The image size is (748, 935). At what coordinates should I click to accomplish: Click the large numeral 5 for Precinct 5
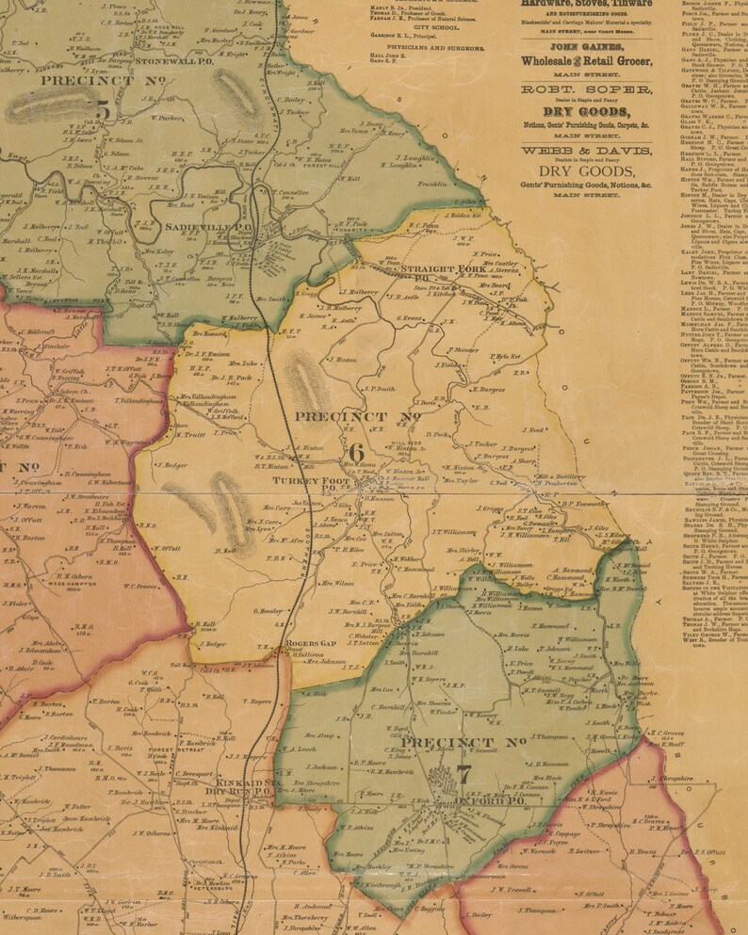(x=102, y=111)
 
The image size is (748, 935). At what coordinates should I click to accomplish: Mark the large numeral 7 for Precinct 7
(x=463, y=775)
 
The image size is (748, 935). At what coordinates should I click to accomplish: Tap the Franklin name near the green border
(x=431, y=185)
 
